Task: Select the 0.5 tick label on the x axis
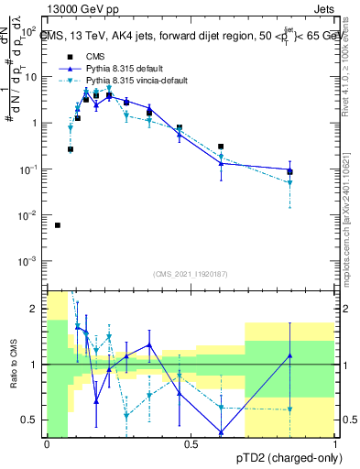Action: pyautogui.click(x=191, y=445)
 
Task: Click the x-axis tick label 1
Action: pyautogui.click(x=334, y=445)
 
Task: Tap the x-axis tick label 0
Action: pyautogui.click(x=47, y=445)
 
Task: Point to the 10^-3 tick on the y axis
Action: pyautogui.click(x=29, y=261)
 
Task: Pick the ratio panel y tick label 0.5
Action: pyautogui.click(x=33, y=420)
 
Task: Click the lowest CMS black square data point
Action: pyautogui.click(x=58, y=225)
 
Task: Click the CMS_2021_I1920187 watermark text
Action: pyautogui.click(x=191, y=274)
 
